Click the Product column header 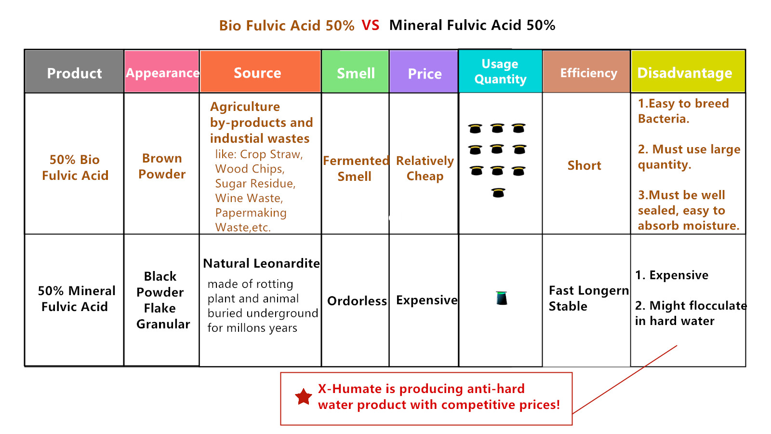(74, 72)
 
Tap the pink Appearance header (162, 72)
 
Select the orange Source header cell (260, 72)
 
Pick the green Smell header (355, 72)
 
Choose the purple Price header (424, 72)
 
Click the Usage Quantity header (501, 71)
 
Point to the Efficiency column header (586, 72)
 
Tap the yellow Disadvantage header (688, 72)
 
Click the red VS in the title (371, 25)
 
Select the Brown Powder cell (162, 166)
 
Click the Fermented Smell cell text (356, 168)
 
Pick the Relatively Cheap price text (425, 168)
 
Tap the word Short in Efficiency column (584, 165)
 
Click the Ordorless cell (357, 301)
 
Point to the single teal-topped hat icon (502, 298)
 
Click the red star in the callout (304, 397)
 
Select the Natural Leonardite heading (262, 263)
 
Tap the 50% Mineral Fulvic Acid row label (76, 298)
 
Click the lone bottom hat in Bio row (498, 192)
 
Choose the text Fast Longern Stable (589, 298)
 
